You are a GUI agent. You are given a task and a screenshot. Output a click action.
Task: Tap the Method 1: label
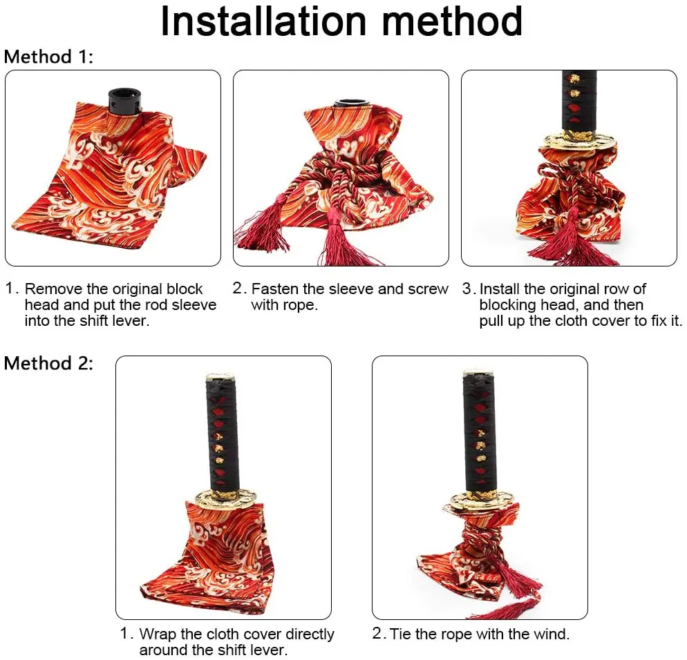coord(48,57)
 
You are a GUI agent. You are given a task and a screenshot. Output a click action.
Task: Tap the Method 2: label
coord(48,363)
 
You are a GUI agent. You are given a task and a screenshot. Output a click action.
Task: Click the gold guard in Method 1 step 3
coord(579,142)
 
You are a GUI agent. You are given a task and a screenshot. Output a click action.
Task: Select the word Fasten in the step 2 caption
coord(276,289)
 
